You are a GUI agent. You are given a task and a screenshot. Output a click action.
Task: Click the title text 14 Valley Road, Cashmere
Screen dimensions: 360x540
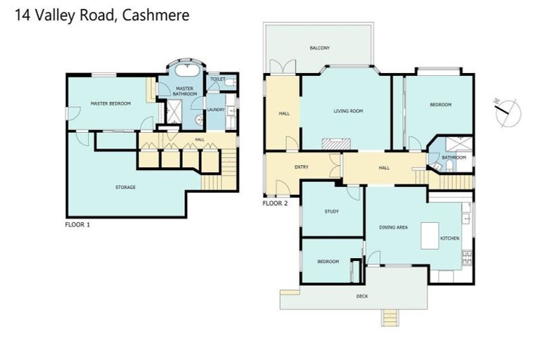click(102, 15)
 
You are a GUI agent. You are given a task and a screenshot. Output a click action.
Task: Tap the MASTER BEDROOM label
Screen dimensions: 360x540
click(111, 104)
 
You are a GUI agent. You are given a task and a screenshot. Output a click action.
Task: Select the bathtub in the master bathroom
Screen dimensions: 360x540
click(186, 72)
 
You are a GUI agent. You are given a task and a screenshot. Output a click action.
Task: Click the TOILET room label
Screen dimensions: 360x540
click(217, 79)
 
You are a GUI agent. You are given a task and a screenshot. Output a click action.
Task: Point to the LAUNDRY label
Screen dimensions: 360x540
click(215, 109)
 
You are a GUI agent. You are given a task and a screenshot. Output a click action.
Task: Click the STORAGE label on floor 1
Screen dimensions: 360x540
click(125, 187)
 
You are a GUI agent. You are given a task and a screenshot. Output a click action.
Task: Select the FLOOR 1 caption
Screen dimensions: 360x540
click(77, 225)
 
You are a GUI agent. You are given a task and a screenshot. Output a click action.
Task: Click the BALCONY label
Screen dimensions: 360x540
click(320, 48)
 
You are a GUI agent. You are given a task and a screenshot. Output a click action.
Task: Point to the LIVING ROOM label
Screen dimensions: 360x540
click(347, 110)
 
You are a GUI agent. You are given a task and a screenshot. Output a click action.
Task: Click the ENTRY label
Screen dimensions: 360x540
click(301, 167)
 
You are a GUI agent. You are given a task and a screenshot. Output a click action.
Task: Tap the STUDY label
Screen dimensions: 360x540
click(331, 212)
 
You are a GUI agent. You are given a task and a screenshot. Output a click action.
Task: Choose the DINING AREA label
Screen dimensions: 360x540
click(393, 227)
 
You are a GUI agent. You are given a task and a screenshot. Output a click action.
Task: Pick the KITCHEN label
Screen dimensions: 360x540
click(450, 238)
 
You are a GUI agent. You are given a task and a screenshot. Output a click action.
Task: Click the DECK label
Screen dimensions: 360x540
click(362, 296)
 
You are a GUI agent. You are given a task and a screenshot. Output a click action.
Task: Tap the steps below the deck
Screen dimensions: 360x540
click(392, 318)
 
